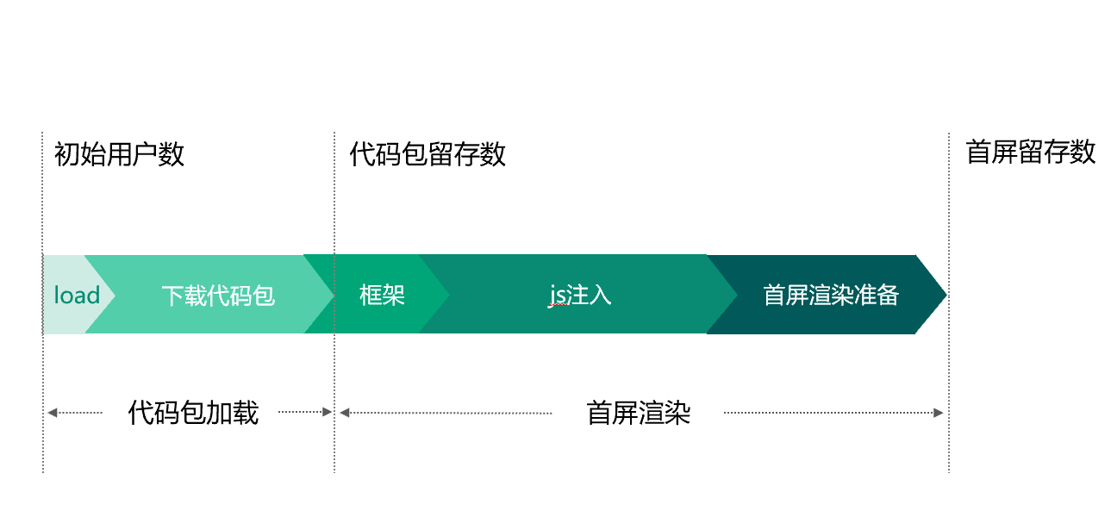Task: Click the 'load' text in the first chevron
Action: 77,296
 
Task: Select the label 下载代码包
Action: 218,296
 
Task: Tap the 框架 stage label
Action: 382,296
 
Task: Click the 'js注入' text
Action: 580,296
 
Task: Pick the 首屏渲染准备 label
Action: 831,296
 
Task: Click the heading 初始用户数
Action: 119,154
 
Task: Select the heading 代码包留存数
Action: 428,154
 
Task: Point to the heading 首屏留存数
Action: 1031,153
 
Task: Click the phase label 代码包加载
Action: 193,413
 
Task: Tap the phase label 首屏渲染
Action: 639,413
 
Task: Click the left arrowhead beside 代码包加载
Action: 53,413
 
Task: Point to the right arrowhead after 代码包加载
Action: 327,412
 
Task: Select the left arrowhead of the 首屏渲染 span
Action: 345,413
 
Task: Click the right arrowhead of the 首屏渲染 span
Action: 938,413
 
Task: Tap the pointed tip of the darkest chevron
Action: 946,295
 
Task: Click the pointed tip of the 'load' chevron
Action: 115,296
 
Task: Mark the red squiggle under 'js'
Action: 558,307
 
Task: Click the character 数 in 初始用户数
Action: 172,154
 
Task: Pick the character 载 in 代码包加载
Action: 246,413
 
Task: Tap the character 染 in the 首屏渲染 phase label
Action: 677,413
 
